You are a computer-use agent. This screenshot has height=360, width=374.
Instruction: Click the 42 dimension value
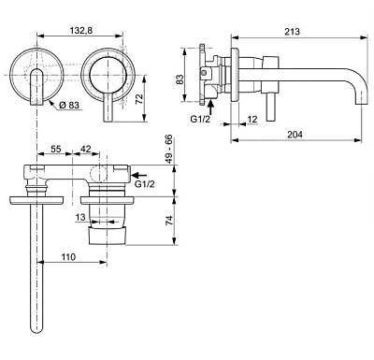coord(85,148)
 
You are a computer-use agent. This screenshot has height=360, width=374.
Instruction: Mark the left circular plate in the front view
coord(34,77)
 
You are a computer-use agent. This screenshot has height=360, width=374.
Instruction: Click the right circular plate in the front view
coord(105,77)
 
